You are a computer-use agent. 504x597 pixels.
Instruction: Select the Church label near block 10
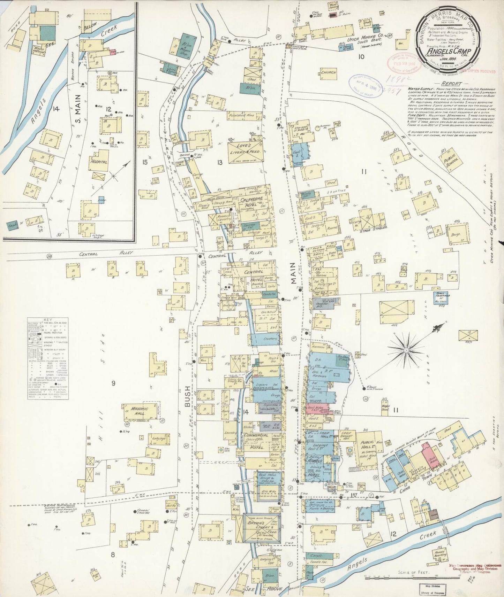click(x=328, y=72)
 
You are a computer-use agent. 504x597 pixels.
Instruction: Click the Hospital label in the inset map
click(x=99, y=162)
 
